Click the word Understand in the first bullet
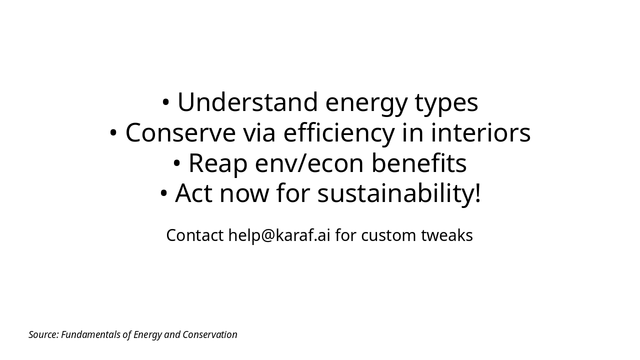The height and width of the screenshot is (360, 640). tap(247, 102)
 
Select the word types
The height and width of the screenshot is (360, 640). tap(446, 102)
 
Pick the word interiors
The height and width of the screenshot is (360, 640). tap(480, 133)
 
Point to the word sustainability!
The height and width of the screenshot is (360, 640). tap(399, 193)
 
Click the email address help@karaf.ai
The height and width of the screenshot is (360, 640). tap(279, 235)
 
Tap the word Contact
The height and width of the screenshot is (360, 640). tap(194, 235)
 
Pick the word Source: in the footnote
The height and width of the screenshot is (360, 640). tap(43, 334)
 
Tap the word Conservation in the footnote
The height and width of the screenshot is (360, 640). tap(210, 334)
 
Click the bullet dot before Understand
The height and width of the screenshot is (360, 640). tap(166, 102)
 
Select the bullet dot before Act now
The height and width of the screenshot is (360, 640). tap(163, 193)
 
